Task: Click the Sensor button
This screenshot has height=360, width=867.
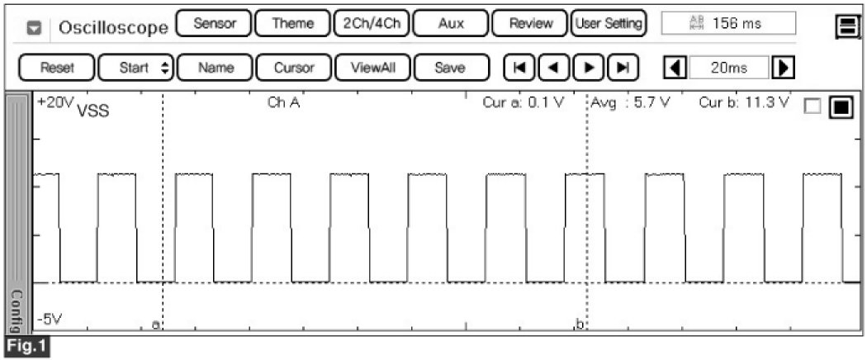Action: (x=215, y=24)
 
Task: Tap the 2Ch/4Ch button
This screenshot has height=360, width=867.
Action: (x=371, y=24)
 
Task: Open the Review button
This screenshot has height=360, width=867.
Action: (x=530, y=24)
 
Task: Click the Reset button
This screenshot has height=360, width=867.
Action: (x=57, y=68)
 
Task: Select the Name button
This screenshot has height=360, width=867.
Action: (x=216, y=68)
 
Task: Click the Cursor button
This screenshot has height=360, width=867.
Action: (x=293, y=68)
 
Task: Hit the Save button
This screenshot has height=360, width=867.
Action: (x=449, y=68)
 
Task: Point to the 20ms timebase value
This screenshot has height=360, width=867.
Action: (x=727, y=68)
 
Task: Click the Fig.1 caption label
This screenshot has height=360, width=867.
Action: (x=26, y=346)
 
